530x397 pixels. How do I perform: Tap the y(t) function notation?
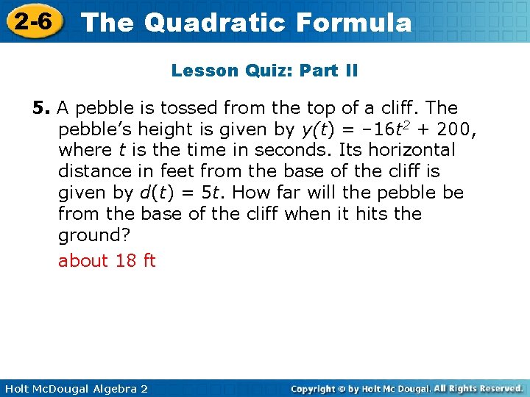[319, 129]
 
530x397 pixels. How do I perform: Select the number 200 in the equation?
[455, 129]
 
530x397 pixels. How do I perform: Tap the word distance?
[93, 171]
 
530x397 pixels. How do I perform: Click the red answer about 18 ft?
[107, 261]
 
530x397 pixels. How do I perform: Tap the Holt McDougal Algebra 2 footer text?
[74, 388]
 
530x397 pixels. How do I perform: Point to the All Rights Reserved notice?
[478, 387]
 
